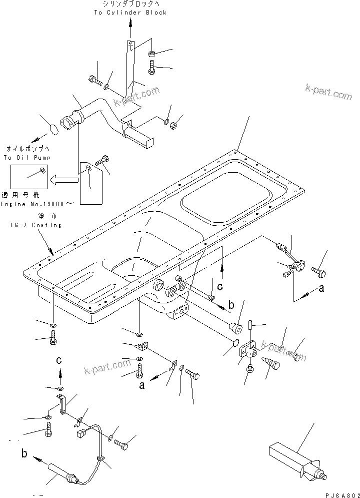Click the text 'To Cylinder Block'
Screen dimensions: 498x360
130,13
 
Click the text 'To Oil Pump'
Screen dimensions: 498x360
21,158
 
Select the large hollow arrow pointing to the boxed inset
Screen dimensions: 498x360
66,178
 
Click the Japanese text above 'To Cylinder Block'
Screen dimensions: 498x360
130,4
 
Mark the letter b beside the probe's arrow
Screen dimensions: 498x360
24,454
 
